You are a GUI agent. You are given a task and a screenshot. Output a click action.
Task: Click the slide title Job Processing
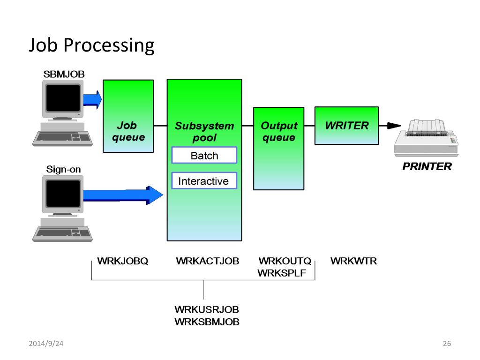point(91,45)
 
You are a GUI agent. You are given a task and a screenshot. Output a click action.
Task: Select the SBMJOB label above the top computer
point(64,74)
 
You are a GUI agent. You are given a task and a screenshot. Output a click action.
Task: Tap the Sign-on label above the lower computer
point(63,169)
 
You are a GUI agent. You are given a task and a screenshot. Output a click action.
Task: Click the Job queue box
point(128,116)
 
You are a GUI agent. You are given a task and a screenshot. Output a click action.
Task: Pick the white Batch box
point(204,155)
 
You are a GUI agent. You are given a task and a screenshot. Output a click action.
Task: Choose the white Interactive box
point(204,180)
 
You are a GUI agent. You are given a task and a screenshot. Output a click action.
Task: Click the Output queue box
point(278,149)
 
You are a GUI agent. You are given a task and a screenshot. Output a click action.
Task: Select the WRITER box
point(346,126)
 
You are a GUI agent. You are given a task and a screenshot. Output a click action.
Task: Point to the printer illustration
point(426,138)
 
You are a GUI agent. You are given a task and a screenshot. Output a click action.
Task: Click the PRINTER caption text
point(427,166)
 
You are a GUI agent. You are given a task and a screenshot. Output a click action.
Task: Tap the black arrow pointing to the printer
point(390,126)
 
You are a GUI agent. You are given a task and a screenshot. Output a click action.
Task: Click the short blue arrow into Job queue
point(92,99)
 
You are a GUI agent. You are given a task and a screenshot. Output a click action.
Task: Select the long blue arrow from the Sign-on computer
point(123,195)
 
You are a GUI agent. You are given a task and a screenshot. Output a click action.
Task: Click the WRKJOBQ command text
point(122,261)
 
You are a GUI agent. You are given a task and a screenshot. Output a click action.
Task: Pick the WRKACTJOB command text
point(208,261)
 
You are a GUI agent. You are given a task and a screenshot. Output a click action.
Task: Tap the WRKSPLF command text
point(282,273)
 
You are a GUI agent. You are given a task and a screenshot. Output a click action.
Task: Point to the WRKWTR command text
point(353,261)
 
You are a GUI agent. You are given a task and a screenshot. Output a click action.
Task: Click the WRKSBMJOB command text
point(207,322)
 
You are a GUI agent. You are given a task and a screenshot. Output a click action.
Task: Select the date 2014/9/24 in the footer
point(46,344)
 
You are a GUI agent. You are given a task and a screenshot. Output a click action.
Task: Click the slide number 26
point(447,344)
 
